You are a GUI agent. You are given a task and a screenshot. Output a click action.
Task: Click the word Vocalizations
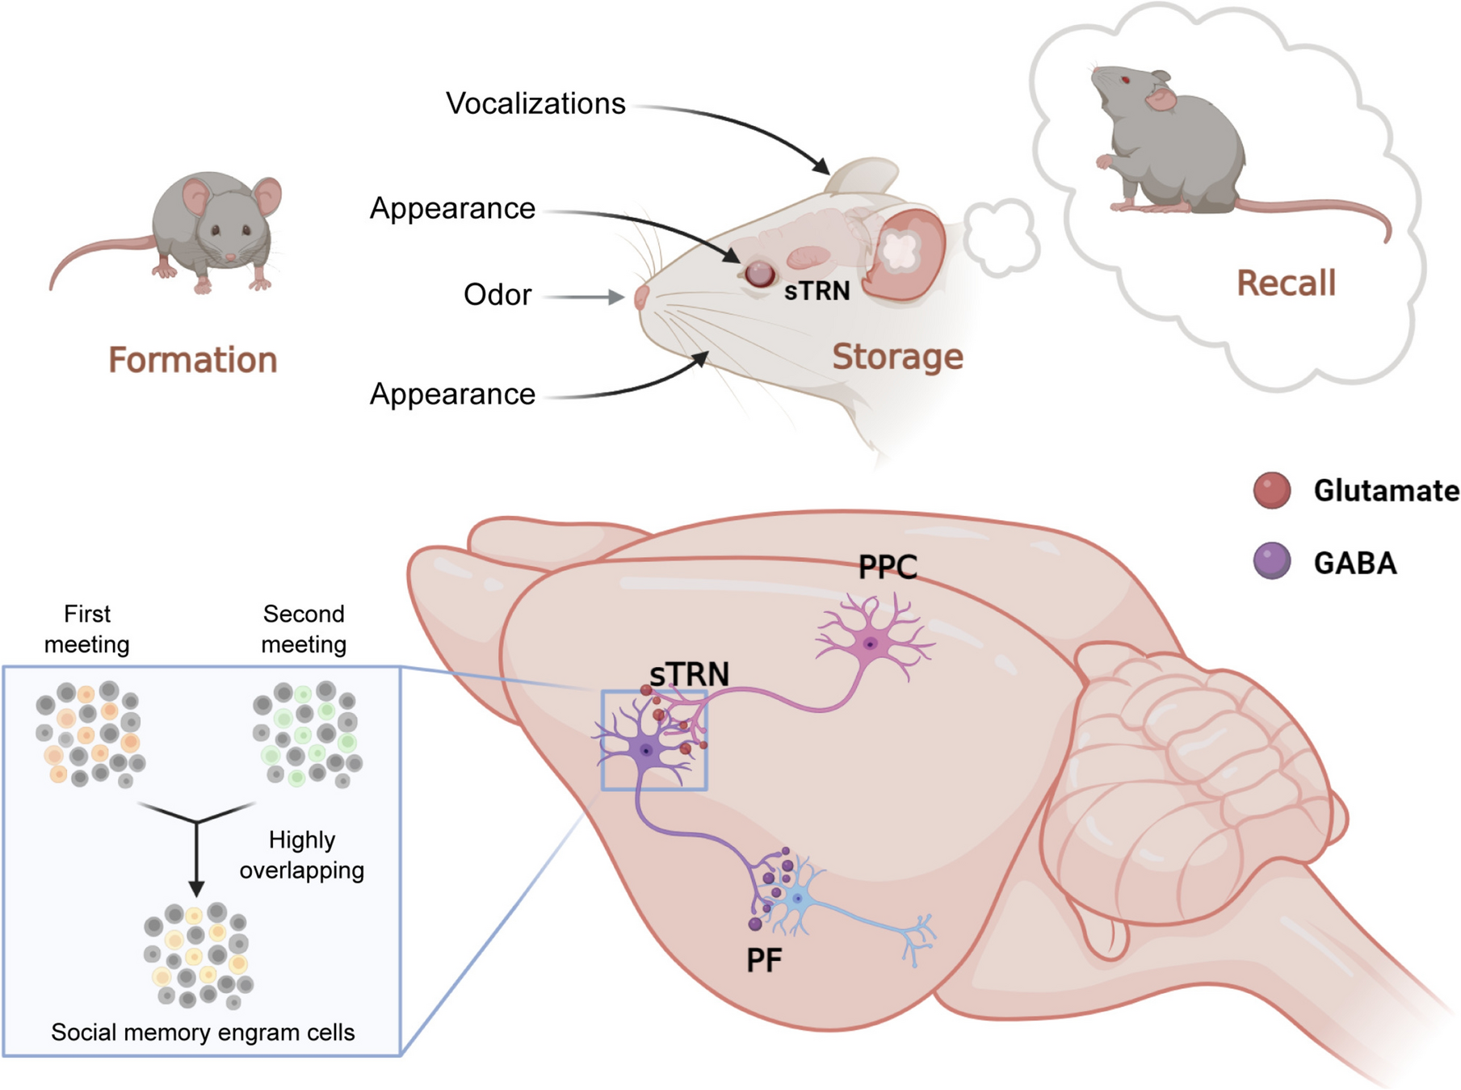click(x=535, y=104)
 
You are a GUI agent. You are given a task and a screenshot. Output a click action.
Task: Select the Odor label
click(x=497, y=295)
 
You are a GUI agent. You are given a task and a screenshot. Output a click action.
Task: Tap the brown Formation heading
click(x=193, y=360)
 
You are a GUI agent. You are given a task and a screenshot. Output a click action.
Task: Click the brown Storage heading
click(x=897, y=357)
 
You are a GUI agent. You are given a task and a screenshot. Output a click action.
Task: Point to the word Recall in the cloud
click(x=1286, y=283)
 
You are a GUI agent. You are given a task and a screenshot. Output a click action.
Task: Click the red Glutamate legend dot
click(x=1271, y=490)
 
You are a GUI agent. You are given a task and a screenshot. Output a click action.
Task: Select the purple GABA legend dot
click(x=1271, y=561)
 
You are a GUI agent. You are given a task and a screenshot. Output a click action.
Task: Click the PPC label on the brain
click(x=888, y=568)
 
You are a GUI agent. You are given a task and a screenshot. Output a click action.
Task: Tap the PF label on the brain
click(x=763, y=961)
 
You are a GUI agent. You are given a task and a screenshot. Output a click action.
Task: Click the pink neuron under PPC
click(x=870, y=644)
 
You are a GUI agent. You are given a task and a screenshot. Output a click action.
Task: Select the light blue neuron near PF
click(x=797, y=898)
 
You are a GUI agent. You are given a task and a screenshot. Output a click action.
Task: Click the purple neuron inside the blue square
click(x=646, y=750)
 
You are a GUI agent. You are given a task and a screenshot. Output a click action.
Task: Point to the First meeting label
click(x=86, y=629)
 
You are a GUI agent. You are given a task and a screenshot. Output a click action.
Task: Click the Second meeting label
click(x=304, y=629)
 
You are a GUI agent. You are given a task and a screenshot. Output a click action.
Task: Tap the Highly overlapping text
click(x=302, y=855)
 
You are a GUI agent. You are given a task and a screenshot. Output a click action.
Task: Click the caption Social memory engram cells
click(x=203, y=1033)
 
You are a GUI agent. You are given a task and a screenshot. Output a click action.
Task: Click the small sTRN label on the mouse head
click(x=817, y=291)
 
